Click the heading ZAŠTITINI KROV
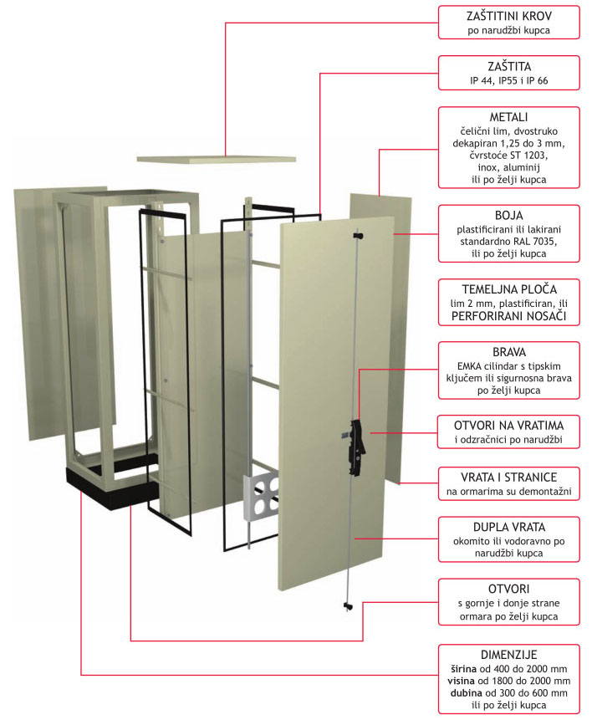pyautogui.click(x=509, y=16)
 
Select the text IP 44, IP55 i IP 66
pyautogui.click(x=509, y=81)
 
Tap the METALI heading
pyautogui.click(x=509, y=117)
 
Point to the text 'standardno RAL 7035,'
pyautogui.click(x=509, y=242)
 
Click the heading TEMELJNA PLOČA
pyautogui.click(x=509, y=289)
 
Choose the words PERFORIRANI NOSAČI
pyautogui.click(x=509, y=316)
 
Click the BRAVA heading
pyautogui.click(x=509, y=352)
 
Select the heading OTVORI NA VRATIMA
pyautogui.click(x=509, y=425)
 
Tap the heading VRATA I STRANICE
pyautogui.click(x=509, y=477)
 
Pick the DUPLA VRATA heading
pyautogui.click(x=509, y=527)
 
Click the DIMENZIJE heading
pyautogui.click(x=509, y=655)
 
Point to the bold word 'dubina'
pyautogui.click(x=467, y=693)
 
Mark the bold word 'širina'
pyautogui.click(x=467, y=669)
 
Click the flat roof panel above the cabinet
pyautogui.click(x=216, y=159)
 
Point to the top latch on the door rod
pyautogui.click(x=358, y=236)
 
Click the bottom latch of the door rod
pyautogui.click(x=348, y=606)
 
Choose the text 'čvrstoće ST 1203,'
pyautogui.click(x=509, y=156)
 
